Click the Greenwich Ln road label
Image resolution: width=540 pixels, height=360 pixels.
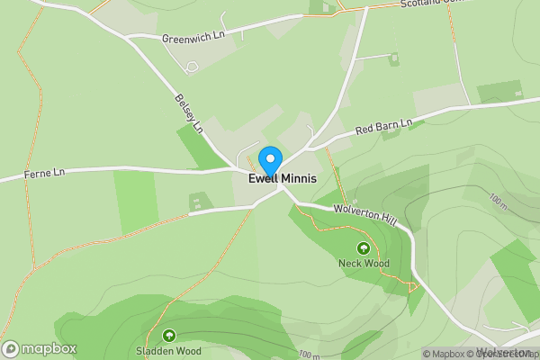[x=192, y=38]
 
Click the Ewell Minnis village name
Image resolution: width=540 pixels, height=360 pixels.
[x=283, y=179]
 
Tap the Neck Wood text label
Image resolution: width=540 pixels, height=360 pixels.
[x=364, y=264]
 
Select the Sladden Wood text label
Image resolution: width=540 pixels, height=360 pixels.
[x=168, y=351]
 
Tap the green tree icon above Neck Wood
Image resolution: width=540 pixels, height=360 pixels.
[x=364, y=247]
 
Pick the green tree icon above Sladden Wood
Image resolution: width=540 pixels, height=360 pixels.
[x=168, y=336]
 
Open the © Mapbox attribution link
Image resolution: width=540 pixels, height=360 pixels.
[x=446, y=354]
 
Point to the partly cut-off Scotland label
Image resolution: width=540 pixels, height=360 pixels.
[x=430, y=4]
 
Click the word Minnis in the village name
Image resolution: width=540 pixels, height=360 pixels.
[x=299, y=179]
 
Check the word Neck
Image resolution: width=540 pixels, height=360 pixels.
[x=351, y=264]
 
